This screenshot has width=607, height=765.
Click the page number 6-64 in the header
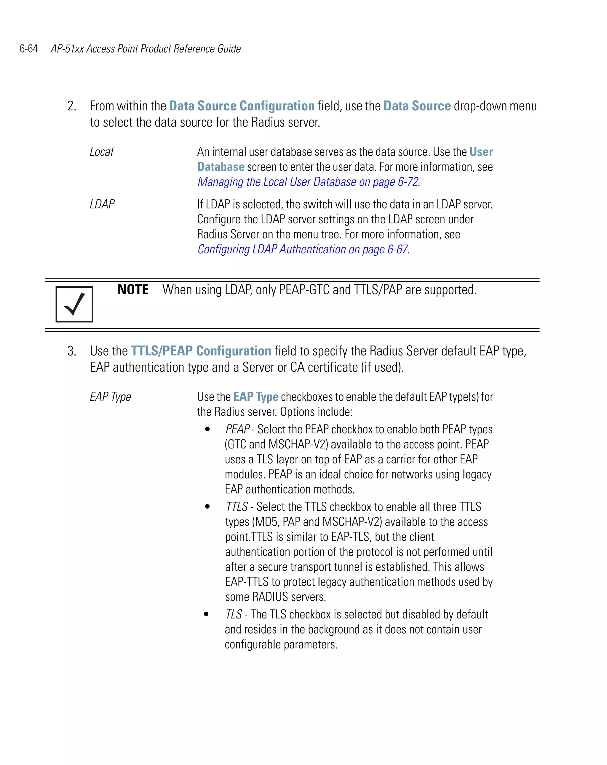(x=29, y=49)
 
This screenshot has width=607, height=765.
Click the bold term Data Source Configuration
(x=242, y=106)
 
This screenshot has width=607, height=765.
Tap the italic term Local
(x=101, y=152)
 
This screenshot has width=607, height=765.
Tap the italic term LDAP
(x=102, y=204)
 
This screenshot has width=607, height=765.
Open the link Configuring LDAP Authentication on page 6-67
(x=302, y=249)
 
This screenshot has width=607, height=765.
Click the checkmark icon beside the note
(x=74, y=304)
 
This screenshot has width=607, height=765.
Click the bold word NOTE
(x=133, y=290)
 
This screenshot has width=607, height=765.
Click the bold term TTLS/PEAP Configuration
(x=201, y=351)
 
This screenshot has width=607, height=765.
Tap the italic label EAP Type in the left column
(x=110, y=397)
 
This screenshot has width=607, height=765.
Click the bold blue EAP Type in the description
(x=256, y=397)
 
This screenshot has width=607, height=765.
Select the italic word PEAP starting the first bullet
(x=237, y=429)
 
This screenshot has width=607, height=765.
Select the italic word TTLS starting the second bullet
(x=237, y=507)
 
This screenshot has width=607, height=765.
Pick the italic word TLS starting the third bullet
(x=234, y=614)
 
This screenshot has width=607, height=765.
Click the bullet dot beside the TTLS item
(x=207, y=507)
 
